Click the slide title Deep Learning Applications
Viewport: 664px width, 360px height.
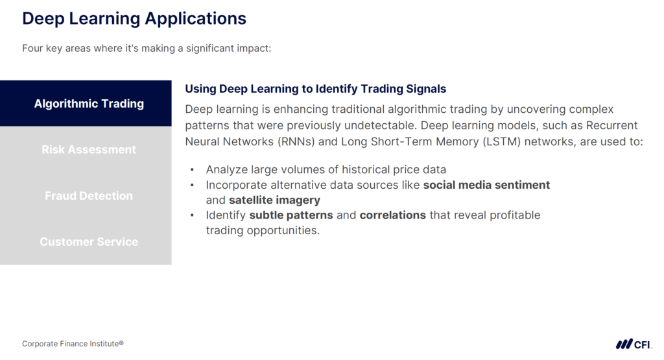click(x=134, y=18)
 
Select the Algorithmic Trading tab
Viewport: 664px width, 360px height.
click(x=89, y=104)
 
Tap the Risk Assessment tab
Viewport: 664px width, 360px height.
click(x=89, y=149)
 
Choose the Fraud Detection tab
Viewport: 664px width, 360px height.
click(x=89, y=195)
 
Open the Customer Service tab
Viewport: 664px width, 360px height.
click(x=89, y=241)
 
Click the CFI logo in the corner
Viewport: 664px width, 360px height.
click(x=634, y=344)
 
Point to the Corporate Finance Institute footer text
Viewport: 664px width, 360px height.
click(x=73, y=344)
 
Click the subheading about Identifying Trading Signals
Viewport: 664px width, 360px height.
click(x=316, y=89)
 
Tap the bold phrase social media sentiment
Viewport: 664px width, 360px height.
click(x=486, y=185)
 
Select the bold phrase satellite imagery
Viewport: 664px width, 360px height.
click(x=274, y=200)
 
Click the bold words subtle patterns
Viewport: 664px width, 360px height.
click(x=291, y=215)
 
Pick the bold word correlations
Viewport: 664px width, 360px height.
click(x=393, y=215)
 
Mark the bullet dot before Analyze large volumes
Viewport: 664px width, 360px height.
click(x=193, y=170)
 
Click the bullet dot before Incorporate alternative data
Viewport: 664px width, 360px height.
click(x=193, y=185)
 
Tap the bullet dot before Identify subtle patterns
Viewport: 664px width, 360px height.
click(x=193, y=215)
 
